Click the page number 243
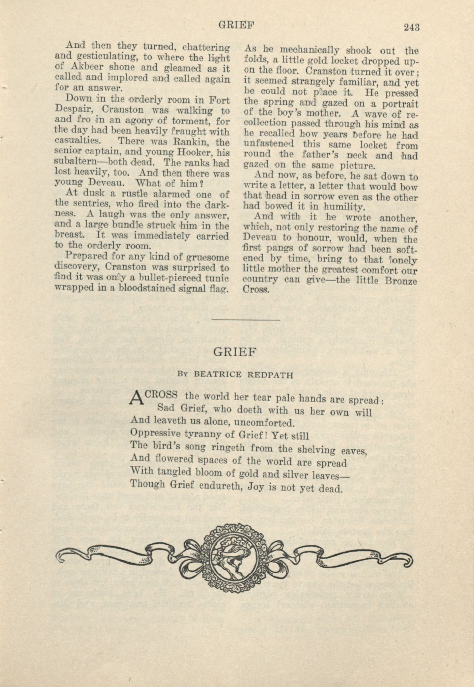point(411,27)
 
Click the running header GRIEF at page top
point(237,25)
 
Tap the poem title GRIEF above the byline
point(235,352)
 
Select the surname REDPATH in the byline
point(270,375)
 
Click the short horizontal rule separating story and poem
point(246,320)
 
